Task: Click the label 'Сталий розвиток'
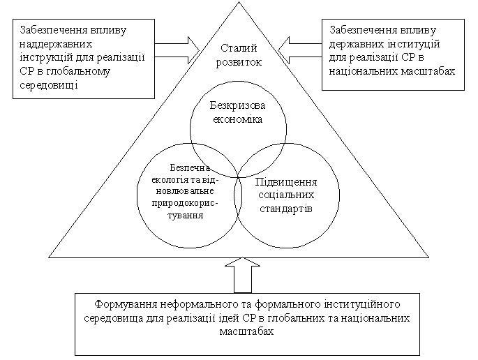coord(239,55)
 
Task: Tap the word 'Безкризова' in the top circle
coord(237,105)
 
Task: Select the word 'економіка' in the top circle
coord(237,119)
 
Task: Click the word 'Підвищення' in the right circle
coord(286,182)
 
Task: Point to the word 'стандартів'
coord(286,209)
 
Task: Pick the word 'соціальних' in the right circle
coord(286,195)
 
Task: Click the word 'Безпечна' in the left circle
coord(190,167)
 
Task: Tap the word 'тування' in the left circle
coord(186,215)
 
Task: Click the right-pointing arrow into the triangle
coord(177,50)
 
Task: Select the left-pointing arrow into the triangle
coord(300,50)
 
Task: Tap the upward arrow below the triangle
coord(243,276)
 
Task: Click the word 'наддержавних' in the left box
coord(56,44)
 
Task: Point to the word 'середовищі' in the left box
coord(49,84)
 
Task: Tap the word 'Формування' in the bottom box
coord(126,304)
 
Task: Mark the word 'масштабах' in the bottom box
coord(246,331)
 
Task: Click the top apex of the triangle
coord(239,2)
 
